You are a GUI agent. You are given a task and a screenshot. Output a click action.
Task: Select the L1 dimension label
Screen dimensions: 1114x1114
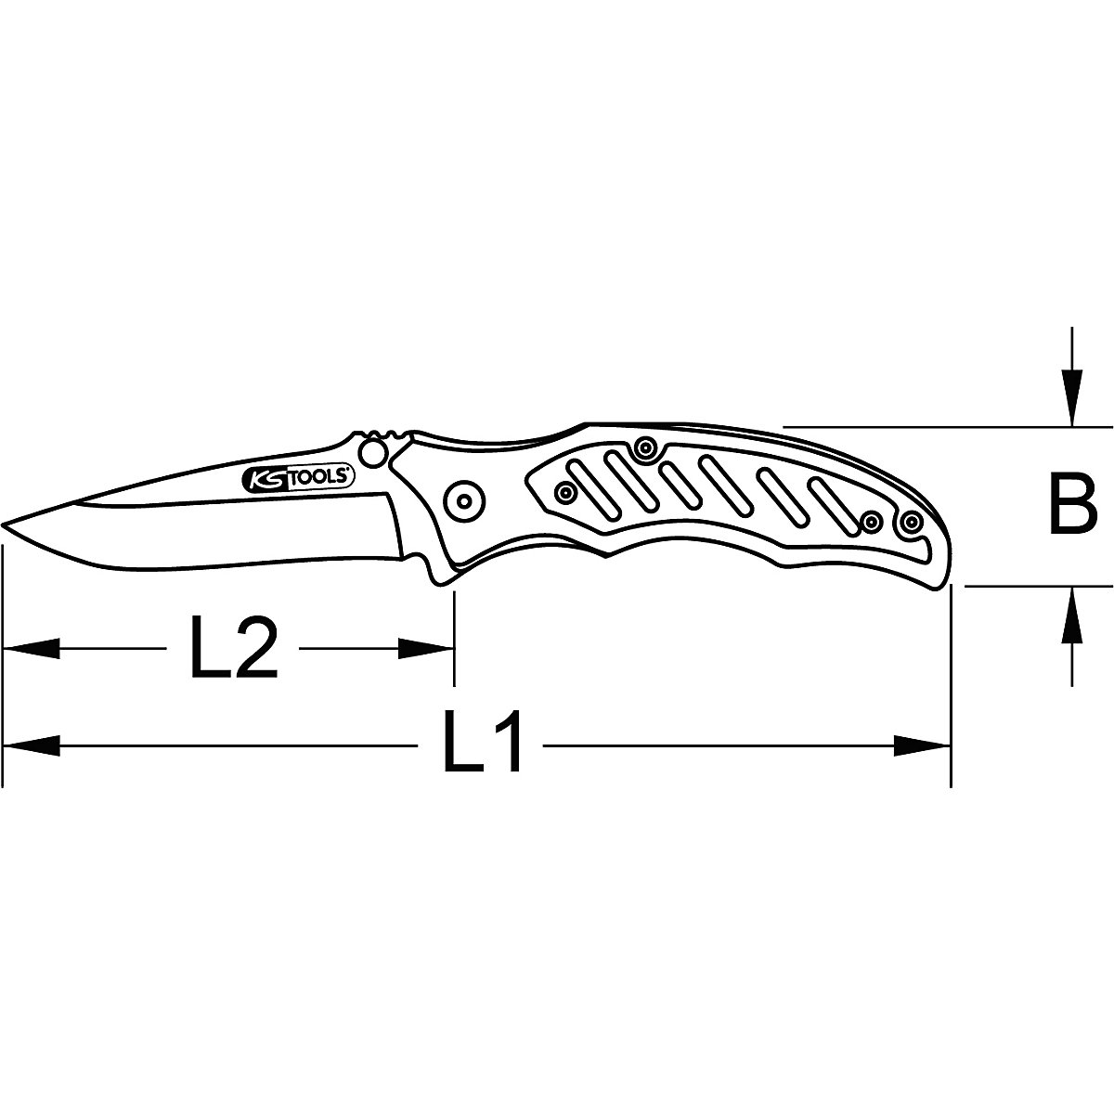pyautogui.click(x=483, y=744)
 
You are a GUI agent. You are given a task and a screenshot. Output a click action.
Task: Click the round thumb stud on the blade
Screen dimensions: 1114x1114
pyautogui.click(x=373, y=453)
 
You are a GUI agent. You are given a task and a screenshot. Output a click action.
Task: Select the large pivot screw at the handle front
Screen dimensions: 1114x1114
pyautogui.click(x=461, y=501)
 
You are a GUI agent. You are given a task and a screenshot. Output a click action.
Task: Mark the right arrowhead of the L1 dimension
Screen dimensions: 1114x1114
pyautogui.click(x=924, y=744)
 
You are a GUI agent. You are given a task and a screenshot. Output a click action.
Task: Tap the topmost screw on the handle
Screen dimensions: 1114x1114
pyautogui.click(x=643, y=450)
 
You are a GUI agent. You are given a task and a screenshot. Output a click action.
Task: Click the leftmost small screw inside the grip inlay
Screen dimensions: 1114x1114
pyautogui.click(x=562, y=492)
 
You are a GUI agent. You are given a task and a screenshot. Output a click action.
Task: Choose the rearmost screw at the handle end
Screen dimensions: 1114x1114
pyautogui.click(x=912, y=521)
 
